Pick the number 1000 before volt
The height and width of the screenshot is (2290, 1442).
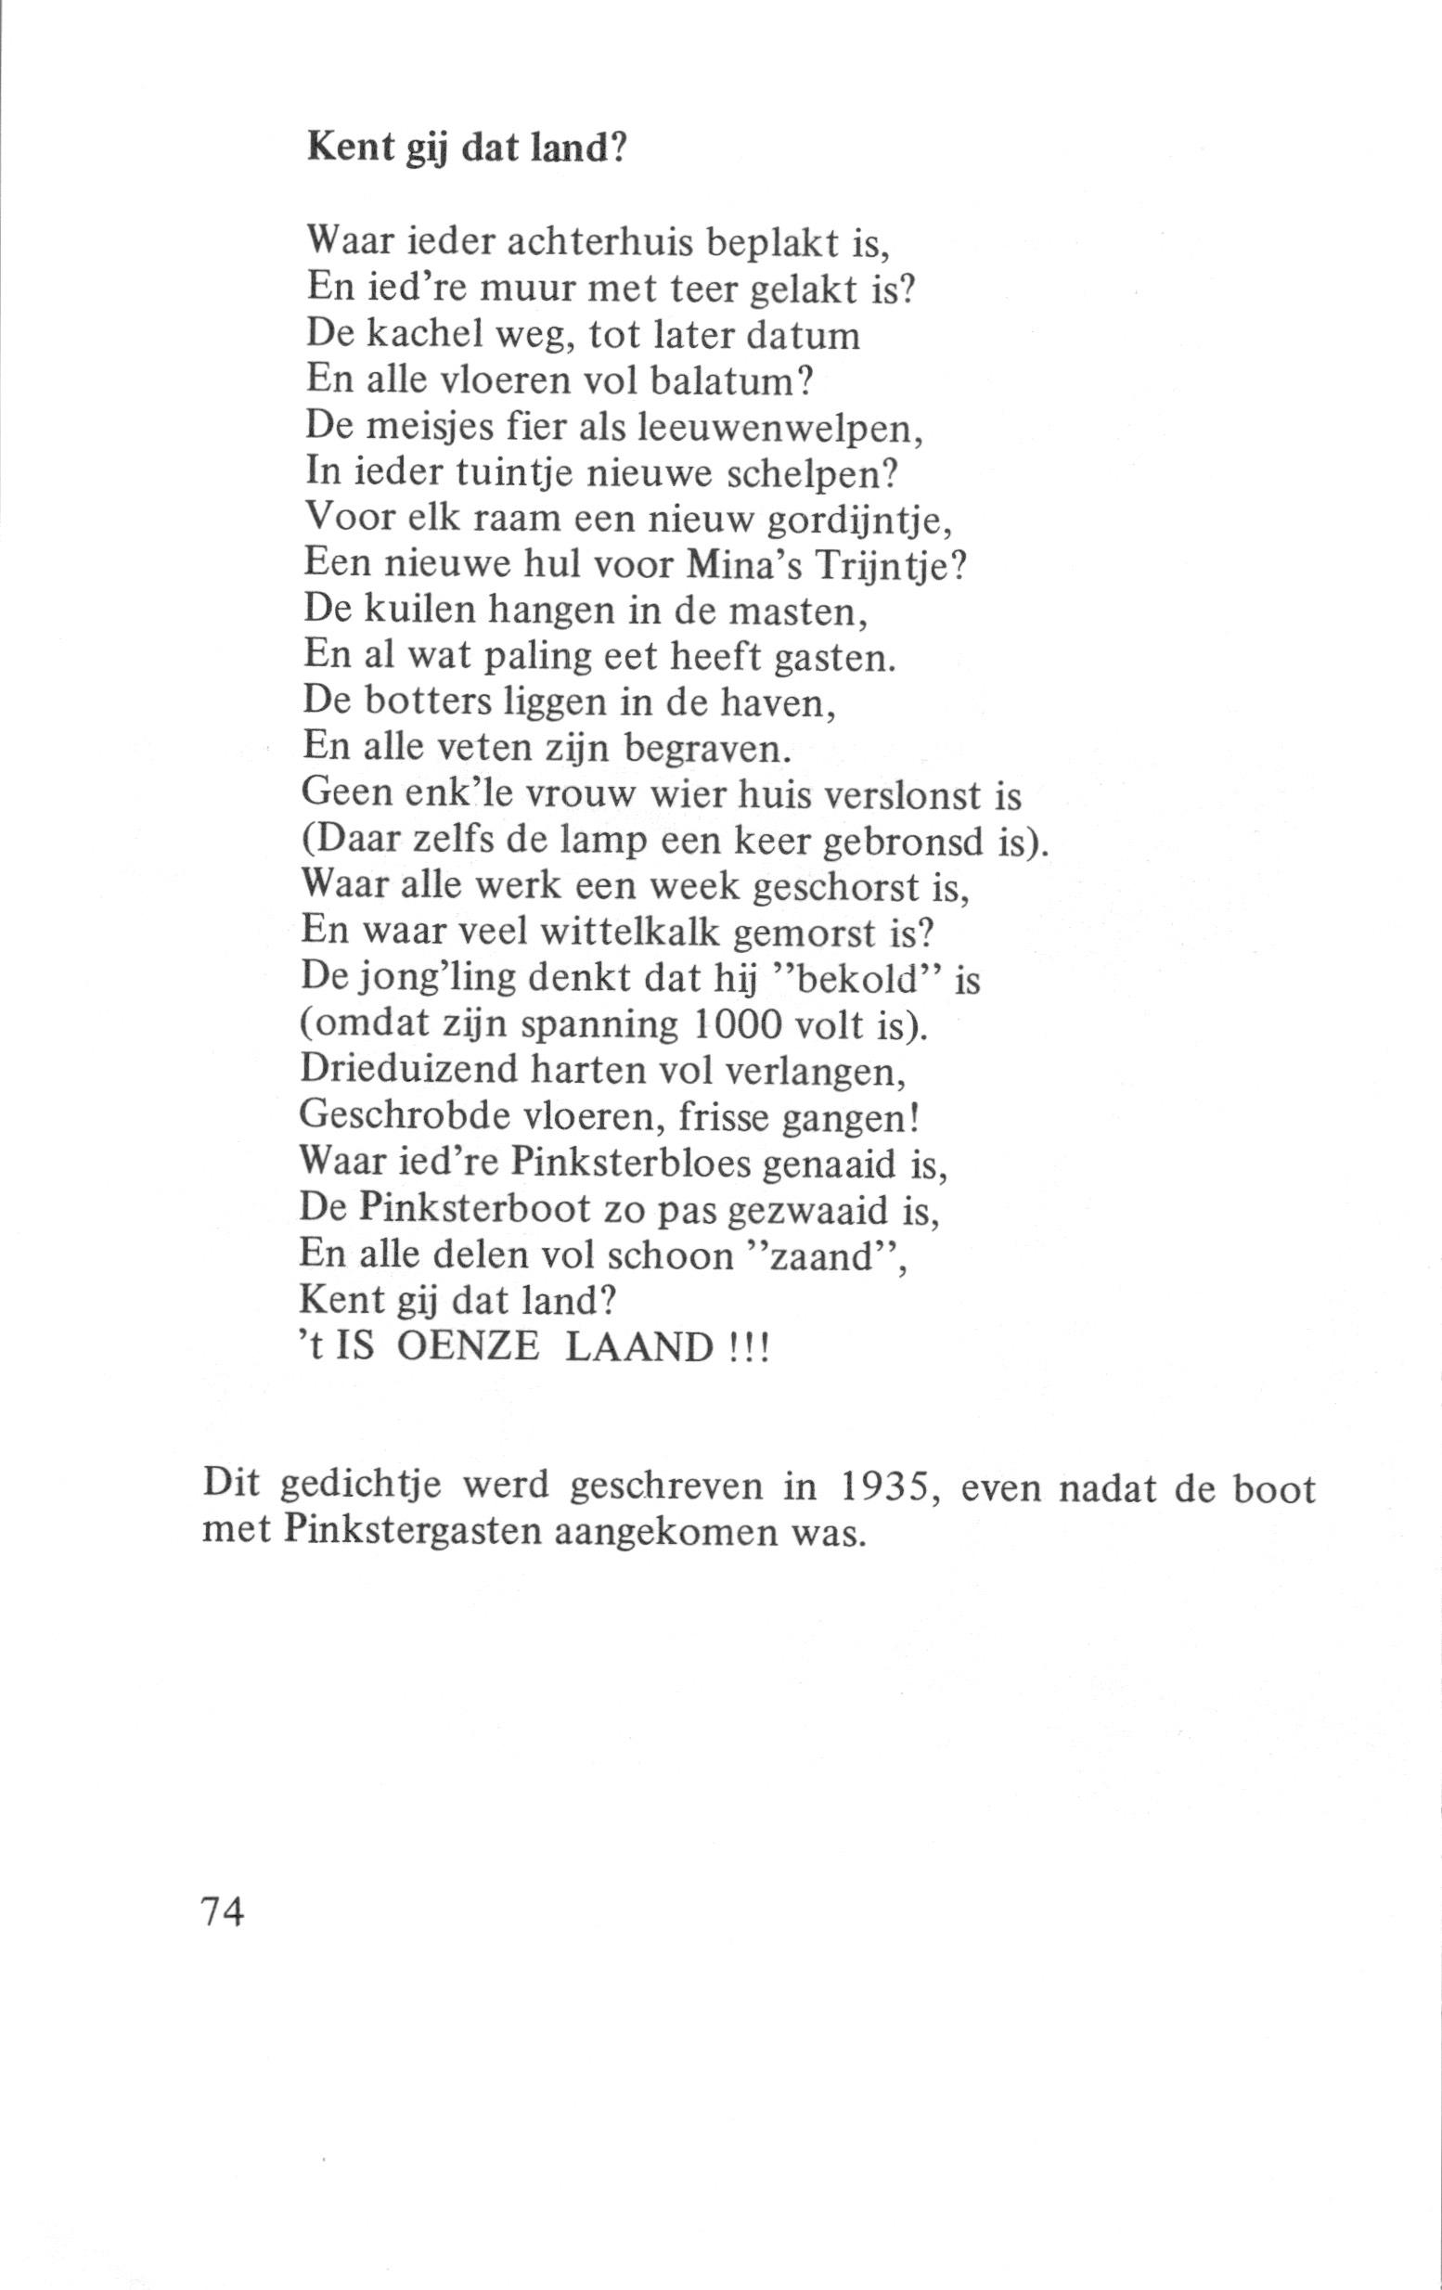click(740, 1025)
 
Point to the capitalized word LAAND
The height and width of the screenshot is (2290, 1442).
click(638, 1348)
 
